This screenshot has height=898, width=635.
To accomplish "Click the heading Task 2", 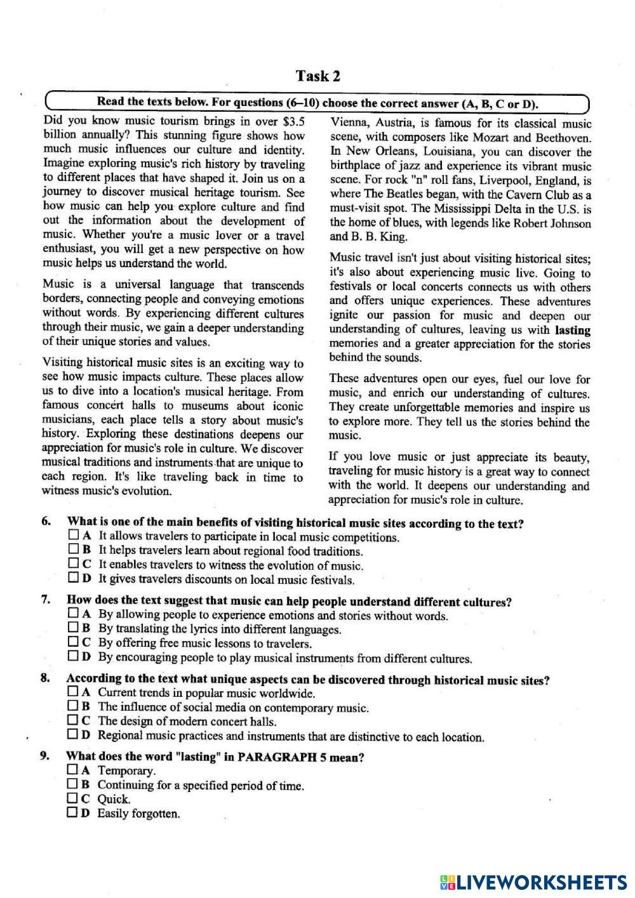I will pos(317,77).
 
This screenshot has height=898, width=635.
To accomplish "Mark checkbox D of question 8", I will pos(72,735).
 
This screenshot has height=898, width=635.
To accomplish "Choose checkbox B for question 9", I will pos(72,784).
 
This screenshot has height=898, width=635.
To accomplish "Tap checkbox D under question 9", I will pos(72,812).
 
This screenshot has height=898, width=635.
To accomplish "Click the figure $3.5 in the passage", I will pos(289,121).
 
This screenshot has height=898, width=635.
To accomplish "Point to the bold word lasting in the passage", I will pos(573,330).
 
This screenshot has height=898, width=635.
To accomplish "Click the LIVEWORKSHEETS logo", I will pos(533,882).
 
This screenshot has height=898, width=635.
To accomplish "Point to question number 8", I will pos(45,678).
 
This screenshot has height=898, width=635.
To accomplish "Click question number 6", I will pos(46,522).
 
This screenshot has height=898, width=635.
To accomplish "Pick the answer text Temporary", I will pos(126,771).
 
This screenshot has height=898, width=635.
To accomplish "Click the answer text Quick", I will pos(114,799).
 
